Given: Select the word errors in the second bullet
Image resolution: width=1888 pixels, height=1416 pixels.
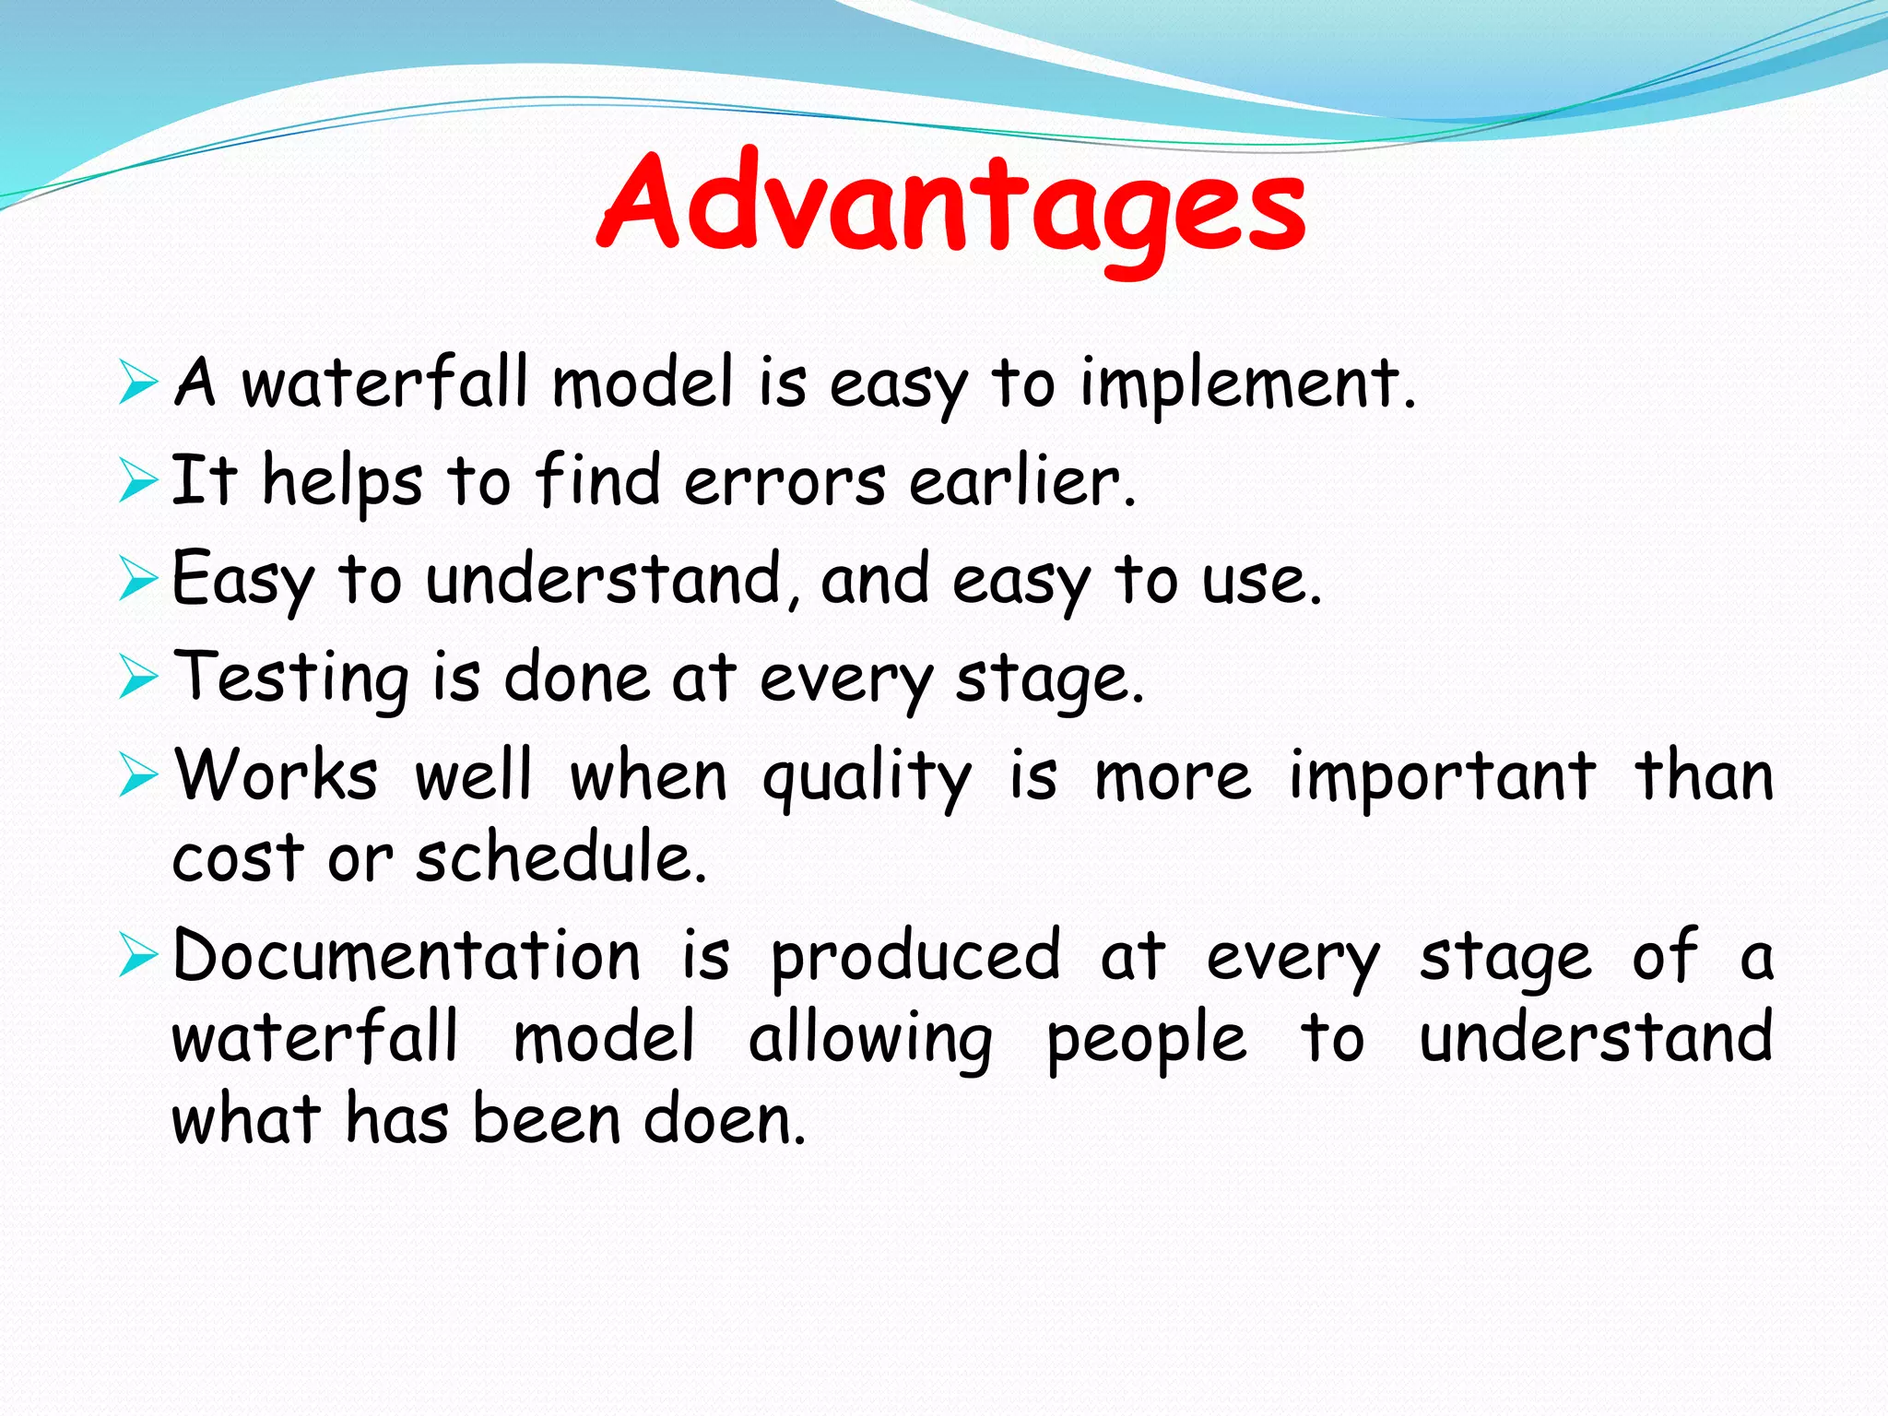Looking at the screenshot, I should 785,482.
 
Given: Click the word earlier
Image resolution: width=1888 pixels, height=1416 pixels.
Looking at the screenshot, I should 1021,482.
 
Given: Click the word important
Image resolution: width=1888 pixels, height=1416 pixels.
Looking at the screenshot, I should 1442,777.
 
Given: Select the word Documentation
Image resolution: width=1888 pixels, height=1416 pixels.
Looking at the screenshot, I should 407,956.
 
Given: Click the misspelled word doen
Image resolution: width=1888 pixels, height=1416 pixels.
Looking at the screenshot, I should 724,1120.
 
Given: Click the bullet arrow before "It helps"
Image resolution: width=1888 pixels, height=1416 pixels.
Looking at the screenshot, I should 138,482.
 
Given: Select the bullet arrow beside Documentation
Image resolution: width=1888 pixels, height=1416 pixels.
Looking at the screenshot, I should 138,956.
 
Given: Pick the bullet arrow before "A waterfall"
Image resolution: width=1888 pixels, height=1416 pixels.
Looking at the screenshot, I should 138,383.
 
